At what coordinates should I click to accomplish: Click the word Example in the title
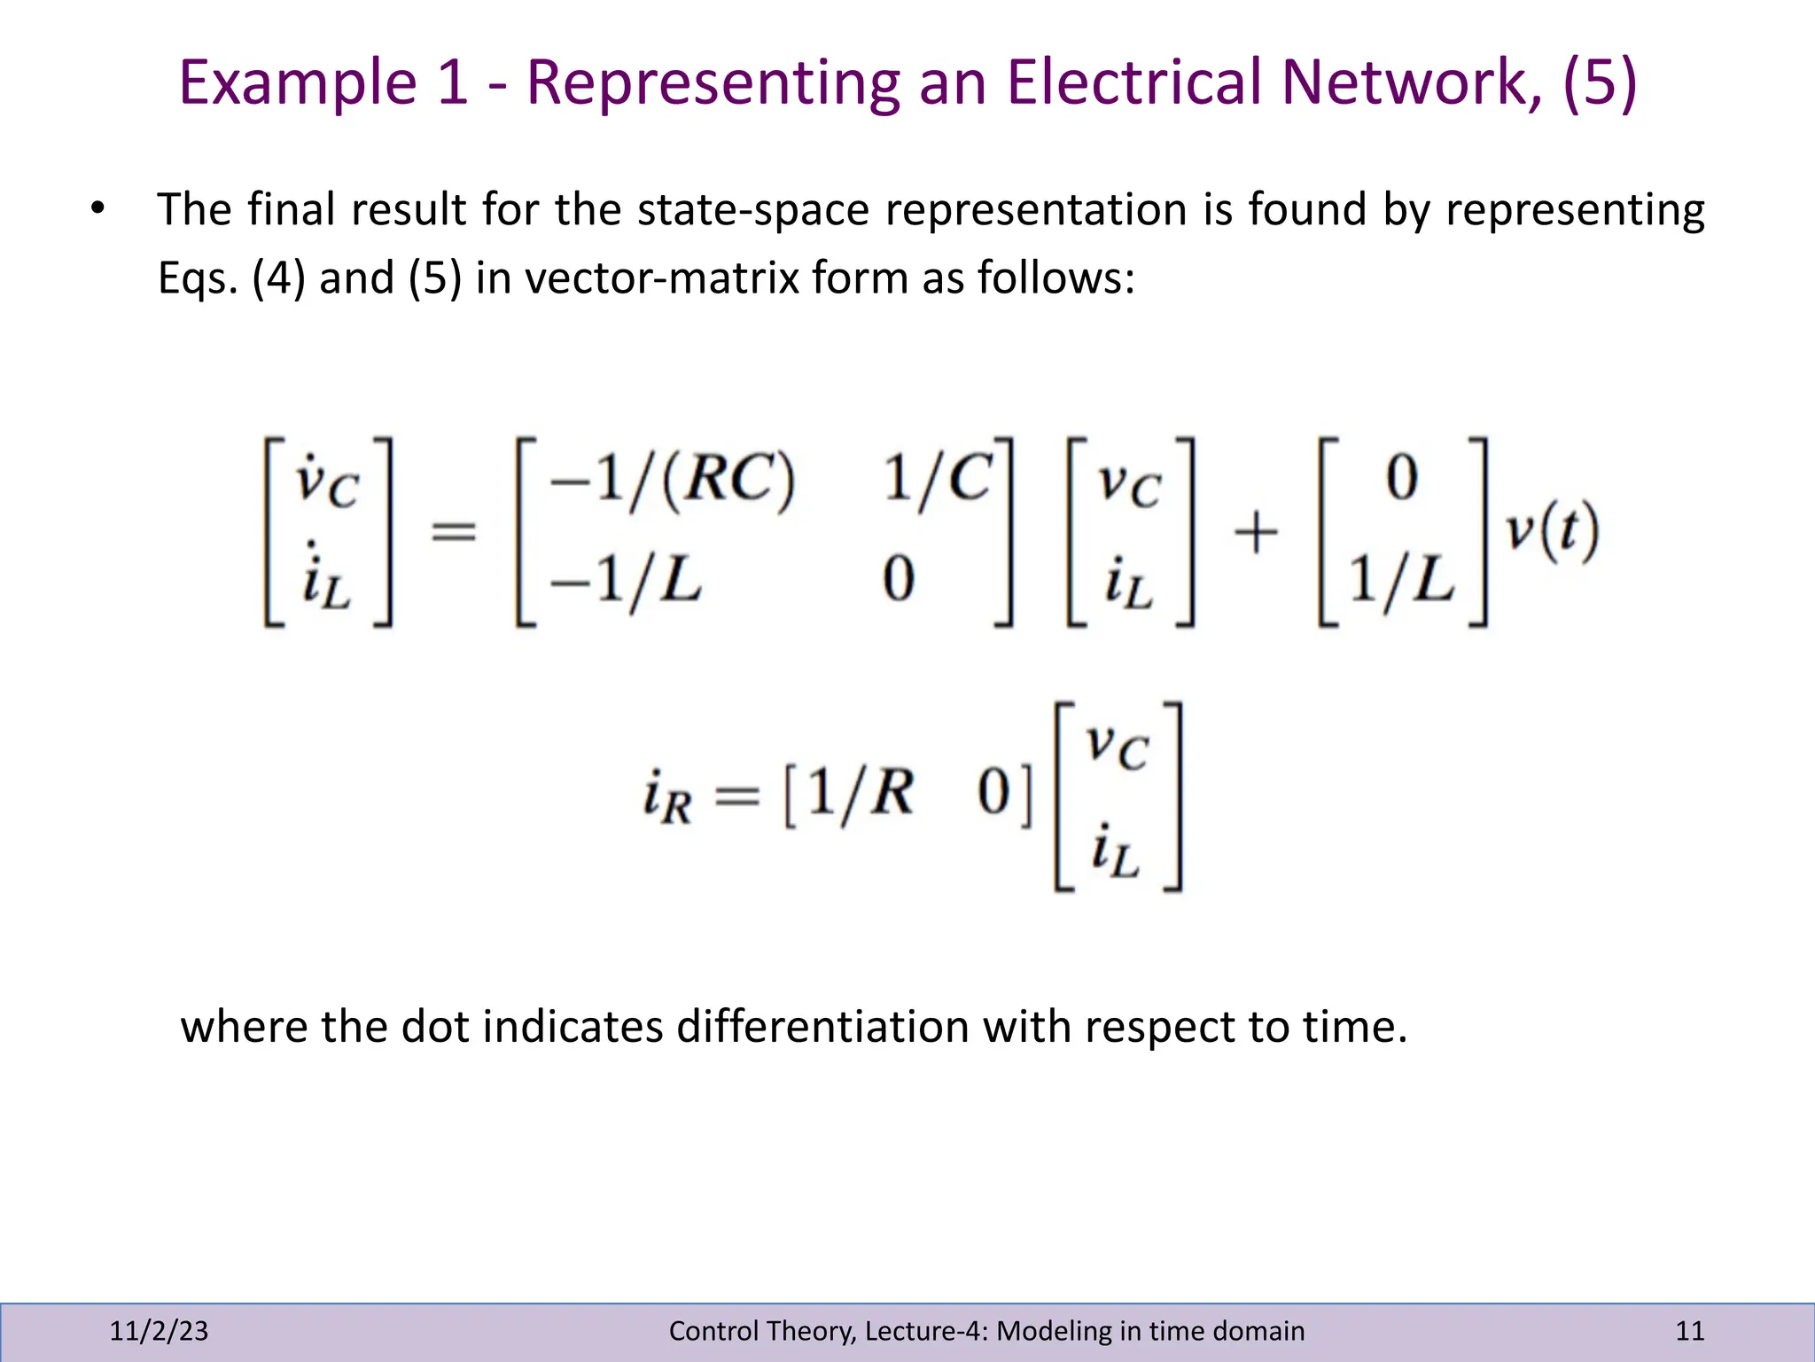[297, 82]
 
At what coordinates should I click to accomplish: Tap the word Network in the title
[1412, 82]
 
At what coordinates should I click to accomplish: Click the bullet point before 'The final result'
[97, 209]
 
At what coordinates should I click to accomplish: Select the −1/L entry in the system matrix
[626, 581]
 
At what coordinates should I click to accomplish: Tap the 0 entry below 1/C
[898, 580]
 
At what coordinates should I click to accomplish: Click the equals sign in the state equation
[453, 533]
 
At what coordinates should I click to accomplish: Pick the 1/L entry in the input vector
[1401, 581]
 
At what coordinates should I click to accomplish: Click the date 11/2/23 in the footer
[159, 1330]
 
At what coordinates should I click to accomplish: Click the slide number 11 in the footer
[1689, 1330]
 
